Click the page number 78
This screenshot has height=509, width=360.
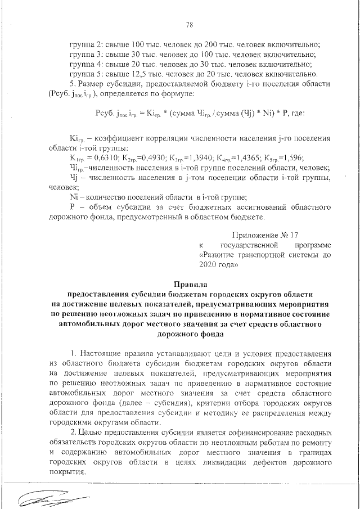(x=189, y=24)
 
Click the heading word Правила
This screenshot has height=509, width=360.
(x=190, y=284)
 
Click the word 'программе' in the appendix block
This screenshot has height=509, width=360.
(x=312, y=245)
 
